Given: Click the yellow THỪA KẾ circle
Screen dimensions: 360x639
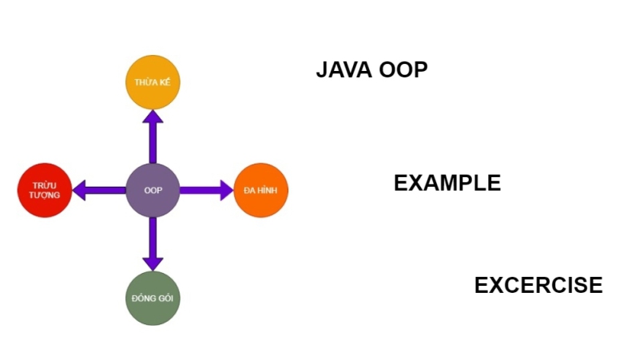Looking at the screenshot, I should pos(153,82).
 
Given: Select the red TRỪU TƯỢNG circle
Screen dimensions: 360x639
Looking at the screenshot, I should pos(45,190).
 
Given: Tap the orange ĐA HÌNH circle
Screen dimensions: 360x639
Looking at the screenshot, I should pos(260,190).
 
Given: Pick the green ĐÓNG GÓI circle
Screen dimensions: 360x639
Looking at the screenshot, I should pos(153,298).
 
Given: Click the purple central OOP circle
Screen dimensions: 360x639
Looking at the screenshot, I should pos(153,190).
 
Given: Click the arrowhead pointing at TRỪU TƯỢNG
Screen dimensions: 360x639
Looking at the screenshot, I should pos(80,190).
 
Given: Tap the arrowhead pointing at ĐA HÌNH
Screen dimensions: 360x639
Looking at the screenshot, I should pos(225,190).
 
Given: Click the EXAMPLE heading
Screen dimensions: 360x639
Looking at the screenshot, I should pos(447,183).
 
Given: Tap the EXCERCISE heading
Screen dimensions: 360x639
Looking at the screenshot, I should pos(538,285).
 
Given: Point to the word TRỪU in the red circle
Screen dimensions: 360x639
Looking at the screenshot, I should pos(45,184).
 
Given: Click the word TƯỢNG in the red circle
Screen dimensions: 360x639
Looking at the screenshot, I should pos(45,196).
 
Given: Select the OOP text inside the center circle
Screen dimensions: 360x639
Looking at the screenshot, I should pos(153,190).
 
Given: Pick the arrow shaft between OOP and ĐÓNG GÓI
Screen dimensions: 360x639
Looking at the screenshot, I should pos(153,236).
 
